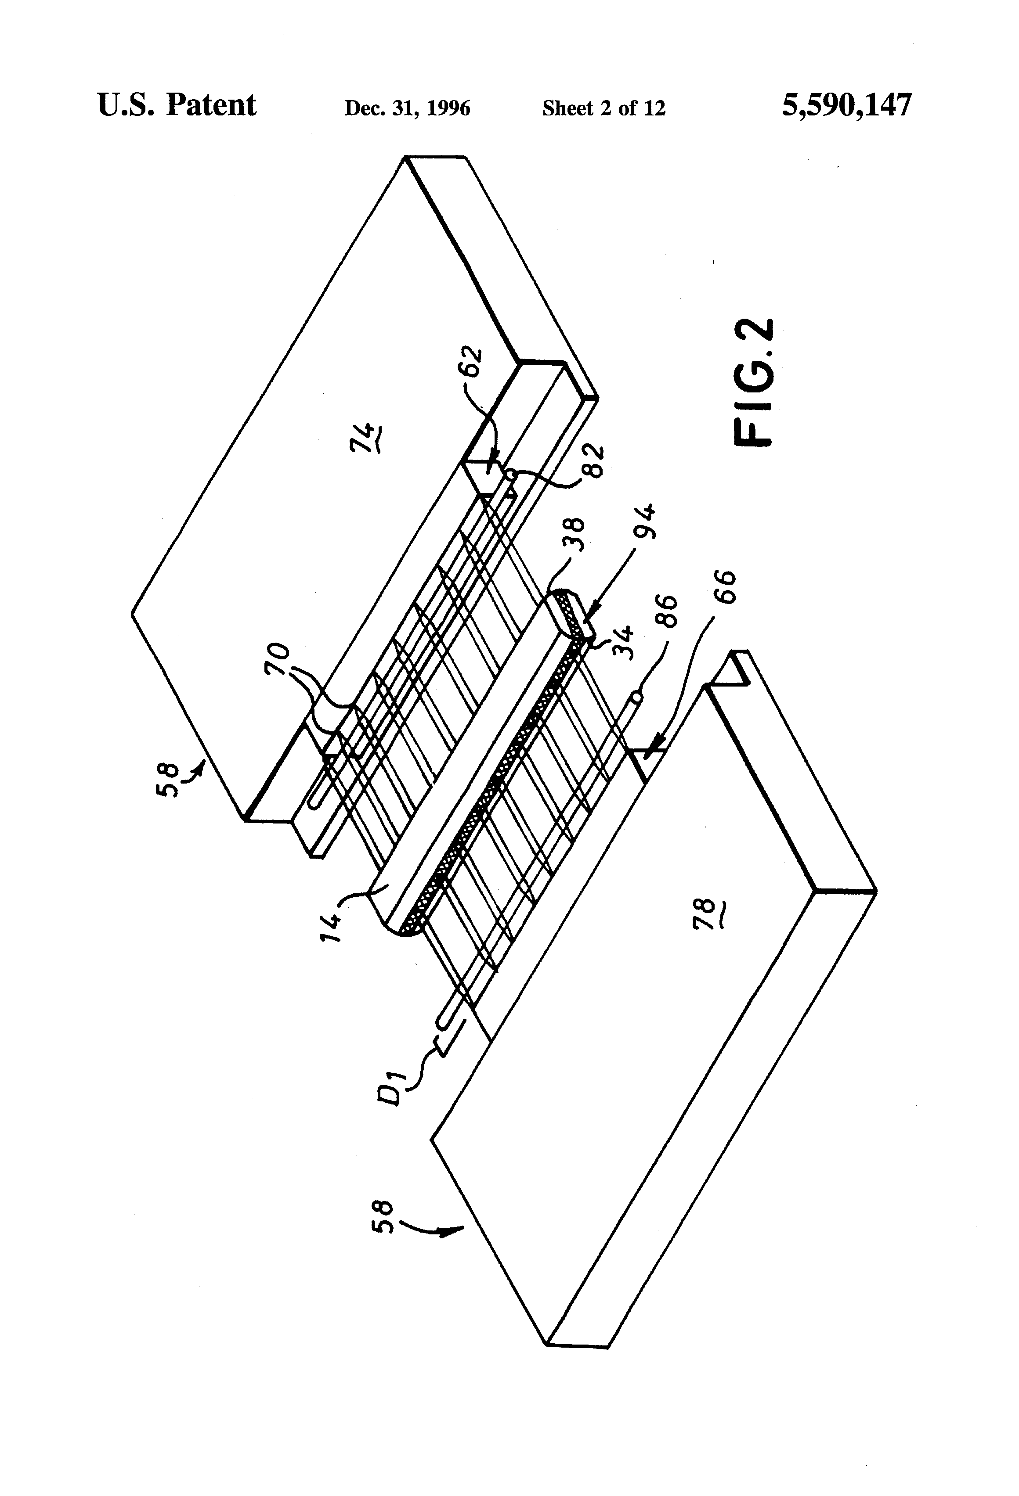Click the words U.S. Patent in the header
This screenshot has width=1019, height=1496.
177,105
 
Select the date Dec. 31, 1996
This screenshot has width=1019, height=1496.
407,108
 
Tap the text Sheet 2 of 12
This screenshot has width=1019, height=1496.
603,108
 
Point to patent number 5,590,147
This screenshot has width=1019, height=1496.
847,105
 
